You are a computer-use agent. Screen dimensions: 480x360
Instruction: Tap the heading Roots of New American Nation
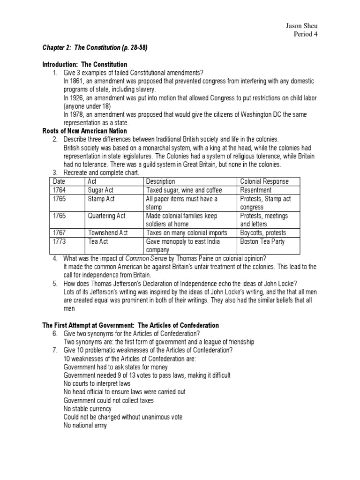pos(84,131)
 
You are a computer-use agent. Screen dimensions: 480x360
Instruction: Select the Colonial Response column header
pos(264,181)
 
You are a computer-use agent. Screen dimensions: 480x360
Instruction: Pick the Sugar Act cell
pos(101,190)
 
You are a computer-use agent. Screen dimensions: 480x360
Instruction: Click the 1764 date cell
pos(60,190)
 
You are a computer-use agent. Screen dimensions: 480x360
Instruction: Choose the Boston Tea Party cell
pos(262,241)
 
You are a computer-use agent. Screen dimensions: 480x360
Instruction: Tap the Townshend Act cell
pos(108,232)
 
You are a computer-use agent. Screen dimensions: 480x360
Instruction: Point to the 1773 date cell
pos(60,241)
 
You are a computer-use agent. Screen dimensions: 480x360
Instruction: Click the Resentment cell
pos(255,190)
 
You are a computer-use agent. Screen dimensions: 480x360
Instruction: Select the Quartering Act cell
pos(106,216)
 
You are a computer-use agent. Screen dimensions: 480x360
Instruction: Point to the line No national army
pos(85,426)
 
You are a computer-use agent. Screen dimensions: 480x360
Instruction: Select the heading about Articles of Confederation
pos(130,325)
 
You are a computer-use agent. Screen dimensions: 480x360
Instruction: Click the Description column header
pos(161,181)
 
